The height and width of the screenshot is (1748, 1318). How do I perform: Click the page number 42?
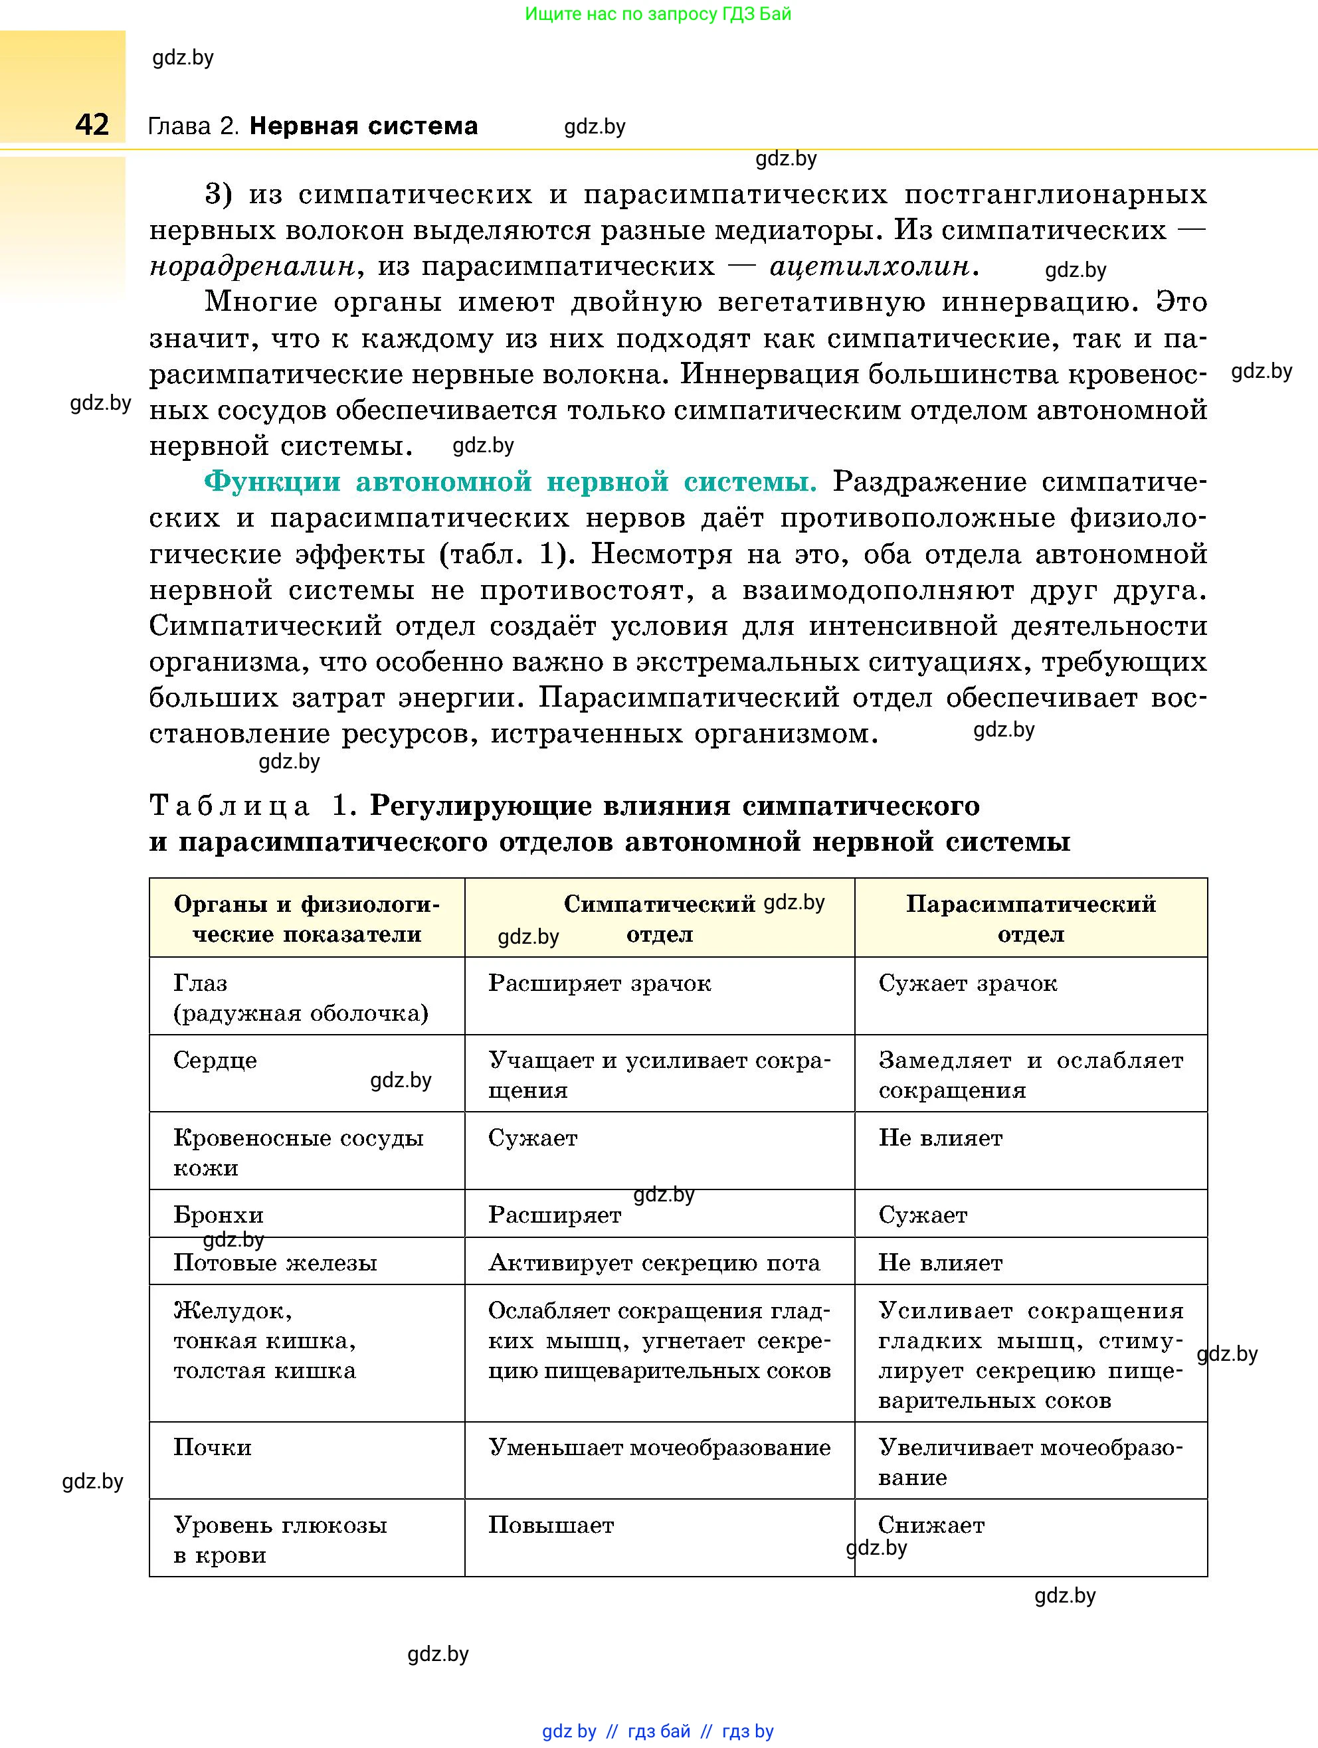pos(92,125)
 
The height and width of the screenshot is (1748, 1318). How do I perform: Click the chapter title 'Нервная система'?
pos(363,126)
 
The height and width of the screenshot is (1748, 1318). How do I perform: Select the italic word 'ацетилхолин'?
pos(869,266)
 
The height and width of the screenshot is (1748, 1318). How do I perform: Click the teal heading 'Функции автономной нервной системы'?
pos(510,481)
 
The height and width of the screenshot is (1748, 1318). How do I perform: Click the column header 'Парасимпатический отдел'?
pos(1030,918)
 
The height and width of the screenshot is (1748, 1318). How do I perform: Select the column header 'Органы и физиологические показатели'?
pos(307,918)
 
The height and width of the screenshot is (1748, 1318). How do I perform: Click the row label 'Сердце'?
pos(215,1061)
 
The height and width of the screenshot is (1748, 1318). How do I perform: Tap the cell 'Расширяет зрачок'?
pos(599,983)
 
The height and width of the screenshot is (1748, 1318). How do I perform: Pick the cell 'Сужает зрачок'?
pos(967,983)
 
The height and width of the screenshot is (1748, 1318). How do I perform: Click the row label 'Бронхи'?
pos(218,1215)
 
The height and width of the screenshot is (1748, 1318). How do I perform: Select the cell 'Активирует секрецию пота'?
pos(654,1263)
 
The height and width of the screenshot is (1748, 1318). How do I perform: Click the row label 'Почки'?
pos(212,1447)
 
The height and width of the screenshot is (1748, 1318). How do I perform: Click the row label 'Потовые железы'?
pos(274,1263)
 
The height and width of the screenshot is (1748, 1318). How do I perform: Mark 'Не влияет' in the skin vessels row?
pos(940,1138)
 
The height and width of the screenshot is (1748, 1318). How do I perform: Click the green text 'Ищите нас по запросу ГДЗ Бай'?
pos(658,13)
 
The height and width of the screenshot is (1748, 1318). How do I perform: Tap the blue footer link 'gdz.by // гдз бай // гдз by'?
pos(658,1731)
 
